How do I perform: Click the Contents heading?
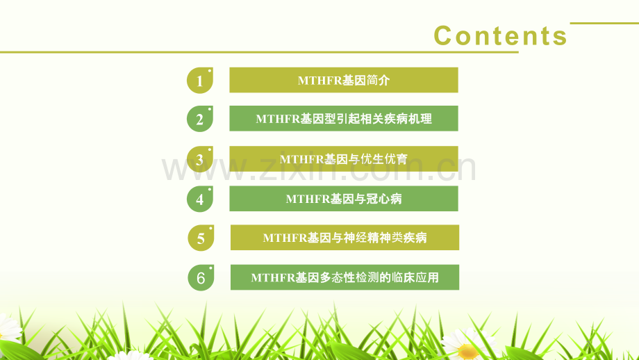501,35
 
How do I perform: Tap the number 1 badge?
200,81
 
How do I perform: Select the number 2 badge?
200,119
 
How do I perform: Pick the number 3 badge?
200,159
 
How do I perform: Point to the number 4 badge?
200,199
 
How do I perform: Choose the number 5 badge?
201,238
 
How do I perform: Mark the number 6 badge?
201,277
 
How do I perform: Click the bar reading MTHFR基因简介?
344,80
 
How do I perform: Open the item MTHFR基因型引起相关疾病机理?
344,118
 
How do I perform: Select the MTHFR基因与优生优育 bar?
344,158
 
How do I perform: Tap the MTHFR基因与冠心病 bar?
344,199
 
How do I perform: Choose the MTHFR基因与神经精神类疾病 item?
345,237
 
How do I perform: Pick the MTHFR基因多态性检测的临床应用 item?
345,277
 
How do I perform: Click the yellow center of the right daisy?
468,351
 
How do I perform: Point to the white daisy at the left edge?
8,328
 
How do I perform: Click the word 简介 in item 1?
378,81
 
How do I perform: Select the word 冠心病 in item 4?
383,199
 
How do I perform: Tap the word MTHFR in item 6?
273,277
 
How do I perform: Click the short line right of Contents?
604,23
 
